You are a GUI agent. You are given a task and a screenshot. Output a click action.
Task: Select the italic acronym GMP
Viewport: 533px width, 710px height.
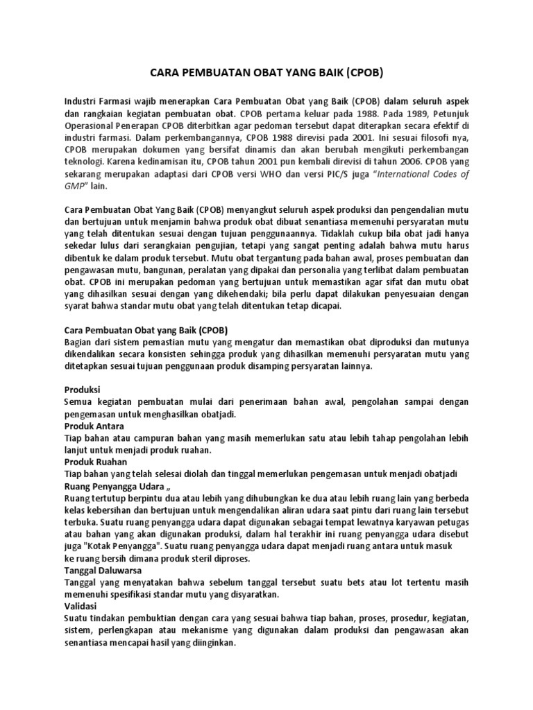(x=74, y=187)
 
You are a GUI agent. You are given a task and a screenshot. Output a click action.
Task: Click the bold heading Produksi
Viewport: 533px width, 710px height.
(x=82, y=390)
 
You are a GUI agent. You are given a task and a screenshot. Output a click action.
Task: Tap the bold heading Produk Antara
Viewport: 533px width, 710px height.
(x=94, y=426)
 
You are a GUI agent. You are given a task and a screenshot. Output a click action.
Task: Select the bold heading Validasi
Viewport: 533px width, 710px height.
(x=81, y=605)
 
